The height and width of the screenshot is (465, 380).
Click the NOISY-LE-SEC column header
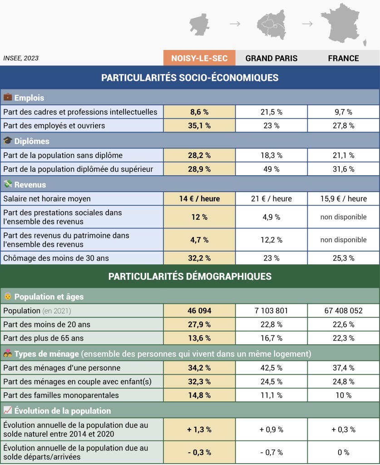pyautogui.click(x=199, y=58)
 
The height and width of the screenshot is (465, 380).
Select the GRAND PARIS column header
pyautogui.click(x=271, y=58)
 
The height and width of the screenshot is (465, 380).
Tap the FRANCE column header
pyautogui.click(x=344, y=58)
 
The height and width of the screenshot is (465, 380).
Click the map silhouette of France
pyautogui.click(x=343, y=23)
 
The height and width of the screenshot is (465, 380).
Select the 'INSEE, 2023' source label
pyautogui.click(x=21, y=58)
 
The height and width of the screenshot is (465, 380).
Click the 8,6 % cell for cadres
pyautogui.click(x=199, y=112)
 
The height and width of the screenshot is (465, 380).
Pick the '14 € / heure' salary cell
pyautogui.click(x=199, y=199)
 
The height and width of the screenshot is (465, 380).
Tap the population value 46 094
pyautogui.click(x=199, y=311)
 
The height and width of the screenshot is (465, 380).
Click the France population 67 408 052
pyautogui.click(x=344, y=311)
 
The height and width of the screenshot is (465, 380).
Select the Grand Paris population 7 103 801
pyautogui.click(x=271, y=311)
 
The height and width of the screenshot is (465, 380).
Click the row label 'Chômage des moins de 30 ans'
pyautogui.click(x=56, y=258)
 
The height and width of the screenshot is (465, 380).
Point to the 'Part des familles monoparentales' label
pyautogui.click(x=61, y=396)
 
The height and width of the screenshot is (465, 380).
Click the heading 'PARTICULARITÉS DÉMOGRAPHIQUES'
pyautogui.click(x=190, y=276)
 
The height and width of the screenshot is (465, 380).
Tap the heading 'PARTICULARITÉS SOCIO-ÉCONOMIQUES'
pyautogui.click(x=190, y=78)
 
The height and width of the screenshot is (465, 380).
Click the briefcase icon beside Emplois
pyautogui.click(x=8, y=97)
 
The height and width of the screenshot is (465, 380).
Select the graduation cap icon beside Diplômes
pyautogui.click(x=8, y=141)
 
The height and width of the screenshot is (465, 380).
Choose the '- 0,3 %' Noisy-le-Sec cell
pyautogui.click(x=199, y=452)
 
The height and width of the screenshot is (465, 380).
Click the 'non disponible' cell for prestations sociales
pyautogui.click(x=344, y=217)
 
